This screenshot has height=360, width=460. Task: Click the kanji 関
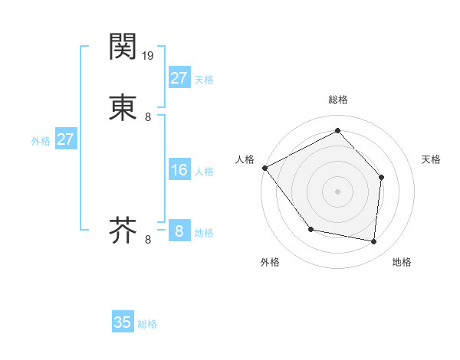(123, 47)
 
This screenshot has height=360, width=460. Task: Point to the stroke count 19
(149, 55)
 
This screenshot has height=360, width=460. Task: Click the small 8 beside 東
(148, 117)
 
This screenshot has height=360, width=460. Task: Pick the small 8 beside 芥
(148, 240)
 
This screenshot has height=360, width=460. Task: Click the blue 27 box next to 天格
(179, 77)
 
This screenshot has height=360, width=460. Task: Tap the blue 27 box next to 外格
(65, 139)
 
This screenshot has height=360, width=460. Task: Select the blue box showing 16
(179, 170)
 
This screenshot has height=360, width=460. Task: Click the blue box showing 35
(123, 322)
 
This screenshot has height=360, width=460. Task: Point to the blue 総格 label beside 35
(147, 324)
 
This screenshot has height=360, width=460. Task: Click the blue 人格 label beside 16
(204, 172)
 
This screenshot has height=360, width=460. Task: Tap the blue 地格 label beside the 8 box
(204, 233)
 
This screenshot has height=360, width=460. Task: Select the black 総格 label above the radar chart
(338, 100)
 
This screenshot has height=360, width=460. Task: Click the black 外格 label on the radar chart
(270, 262)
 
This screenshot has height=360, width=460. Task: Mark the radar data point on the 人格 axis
(264, 168)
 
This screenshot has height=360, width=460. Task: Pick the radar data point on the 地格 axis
(374, 242)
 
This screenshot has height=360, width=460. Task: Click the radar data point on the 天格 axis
(382, 177)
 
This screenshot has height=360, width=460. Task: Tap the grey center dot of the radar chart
(337, 191)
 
